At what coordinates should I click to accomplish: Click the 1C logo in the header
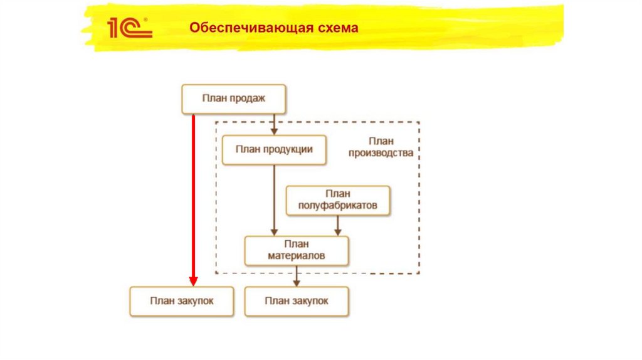(129, 28)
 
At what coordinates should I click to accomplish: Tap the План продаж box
(234, 98)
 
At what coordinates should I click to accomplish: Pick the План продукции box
(274, 149)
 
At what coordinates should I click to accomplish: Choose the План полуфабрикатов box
(337, 200)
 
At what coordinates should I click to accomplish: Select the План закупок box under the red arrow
(182, 301)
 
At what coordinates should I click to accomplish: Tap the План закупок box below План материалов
(297, 301)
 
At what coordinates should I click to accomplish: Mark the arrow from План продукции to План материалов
(274, 201)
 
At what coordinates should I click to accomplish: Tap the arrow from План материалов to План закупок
(297, 276)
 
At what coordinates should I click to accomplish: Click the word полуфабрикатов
(337, 206)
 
